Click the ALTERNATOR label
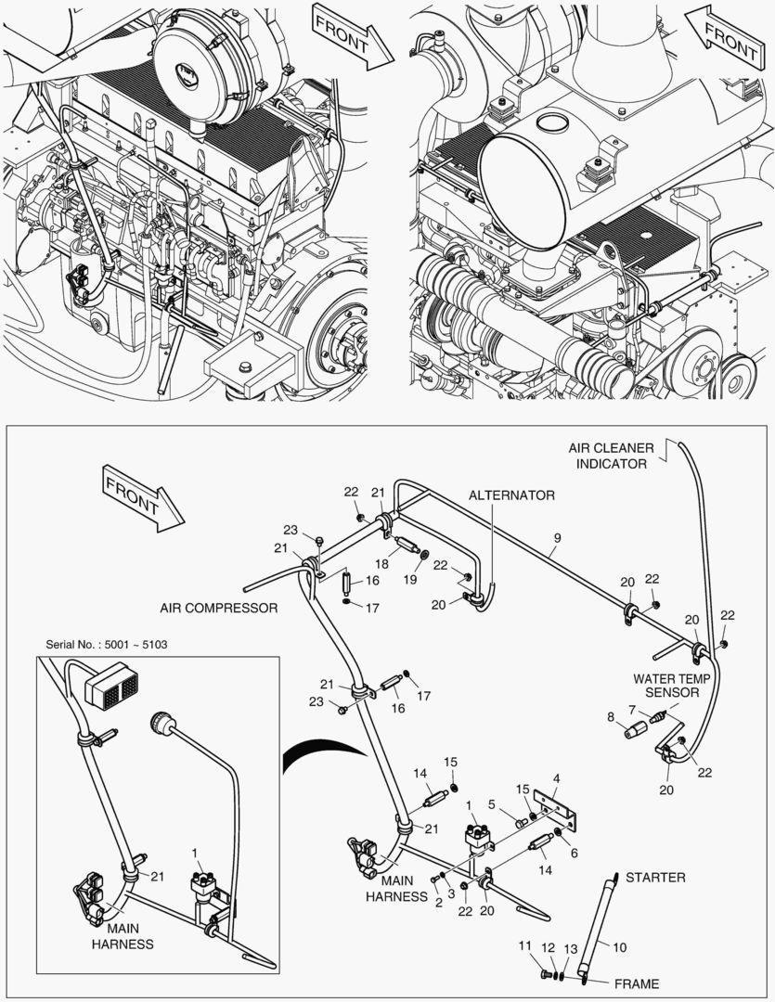[x=511, y=495]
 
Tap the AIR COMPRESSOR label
[x=219, y=609]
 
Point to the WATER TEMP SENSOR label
[x=672, y=685]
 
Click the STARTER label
[x=655, y=877]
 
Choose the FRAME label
[x=636, y=983]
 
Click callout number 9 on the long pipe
[x=557, y=537]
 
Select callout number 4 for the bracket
[x=555, y=777]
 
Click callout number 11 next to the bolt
[x=524, y=945]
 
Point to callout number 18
[x=381, y=563]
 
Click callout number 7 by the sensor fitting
[x=633, y=709]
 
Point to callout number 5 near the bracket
[x=493, y=803]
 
